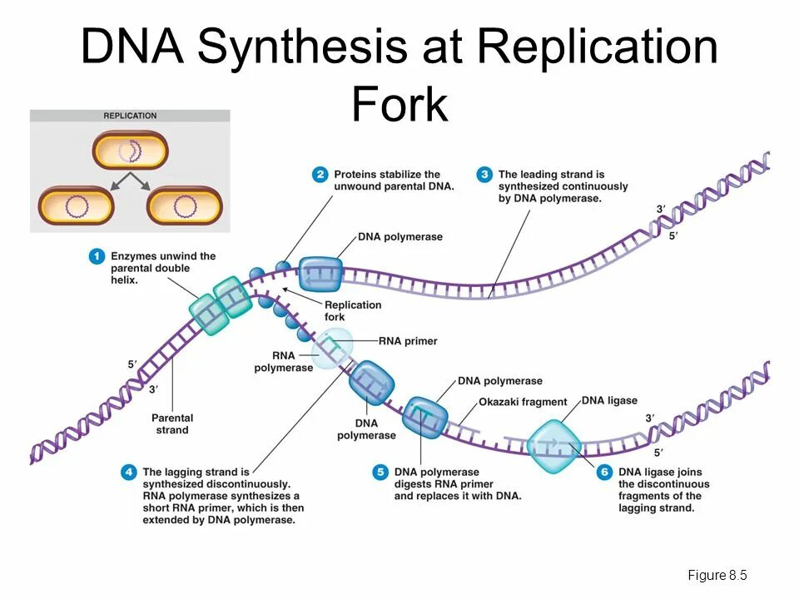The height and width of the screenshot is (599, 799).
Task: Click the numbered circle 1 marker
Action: tap(97, 257)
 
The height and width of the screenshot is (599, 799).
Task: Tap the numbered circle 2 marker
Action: tap(320, 175)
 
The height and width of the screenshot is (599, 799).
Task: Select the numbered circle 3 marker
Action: tap(484, 175)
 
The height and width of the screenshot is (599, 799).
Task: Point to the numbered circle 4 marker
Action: tap(128, 473)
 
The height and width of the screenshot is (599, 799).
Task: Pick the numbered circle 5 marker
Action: tap(380, 473)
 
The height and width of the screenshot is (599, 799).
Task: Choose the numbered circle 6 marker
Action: tap(604, 473)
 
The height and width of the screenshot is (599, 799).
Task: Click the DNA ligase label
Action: tap(609, 400)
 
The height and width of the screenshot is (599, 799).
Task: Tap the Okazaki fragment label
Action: tap(523, 403)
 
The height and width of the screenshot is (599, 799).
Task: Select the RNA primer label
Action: tap(408, 341)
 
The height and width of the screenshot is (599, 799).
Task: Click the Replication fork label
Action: tap(353, 310)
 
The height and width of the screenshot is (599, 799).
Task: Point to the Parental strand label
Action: tap(172, 423)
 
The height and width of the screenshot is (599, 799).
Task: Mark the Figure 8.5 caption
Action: tap(717, 576)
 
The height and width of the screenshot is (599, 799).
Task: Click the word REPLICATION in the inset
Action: tap(130, 116)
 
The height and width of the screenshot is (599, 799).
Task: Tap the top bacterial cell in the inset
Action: tap(130, 151)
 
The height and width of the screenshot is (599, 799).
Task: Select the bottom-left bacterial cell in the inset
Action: tap(77, 205)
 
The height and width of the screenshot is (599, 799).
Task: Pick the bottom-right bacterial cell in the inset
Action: tap(185, 205)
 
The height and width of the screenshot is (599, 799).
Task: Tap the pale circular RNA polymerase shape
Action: tap(331, 349)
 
